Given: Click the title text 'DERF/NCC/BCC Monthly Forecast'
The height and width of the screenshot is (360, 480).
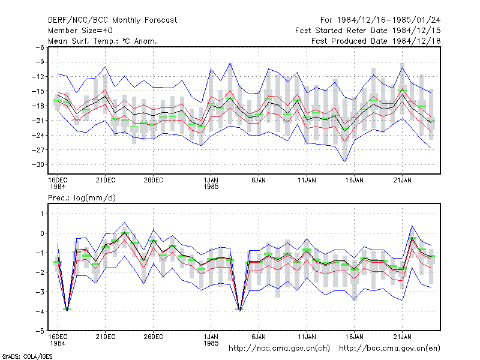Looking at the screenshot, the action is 112,20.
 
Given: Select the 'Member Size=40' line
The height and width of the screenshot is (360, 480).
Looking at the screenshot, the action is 80,31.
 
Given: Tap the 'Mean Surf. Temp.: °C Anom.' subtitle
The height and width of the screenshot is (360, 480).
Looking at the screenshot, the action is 103,41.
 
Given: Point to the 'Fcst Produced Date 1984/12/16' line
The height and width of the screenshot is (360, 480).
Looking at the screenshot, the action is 376,41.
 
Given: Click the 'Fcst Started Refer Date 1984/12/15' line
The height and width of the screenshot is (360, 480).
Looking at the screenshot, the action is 368,31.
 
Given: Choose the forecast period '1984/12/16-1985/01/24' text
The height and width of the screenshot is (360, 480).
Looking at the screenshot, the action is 389,20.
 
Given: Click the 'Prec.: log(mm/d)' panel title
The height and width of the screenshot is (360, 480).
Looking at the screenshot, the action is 82,198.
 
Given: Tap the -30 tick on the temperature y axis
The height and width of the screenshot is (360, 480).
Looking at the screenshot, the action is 38,164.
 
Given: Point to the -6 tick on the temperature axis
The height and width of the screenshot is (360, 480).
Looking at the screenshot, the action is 40,47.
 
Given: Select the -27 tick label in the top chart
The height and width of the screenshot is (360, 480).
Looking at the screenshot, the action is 38,150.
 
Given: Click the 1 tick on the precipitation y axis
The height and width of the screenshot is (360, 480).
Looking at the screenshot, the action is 43,214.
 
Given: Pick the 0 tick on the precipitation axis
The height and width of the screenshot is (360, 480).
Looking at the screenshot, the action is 42,233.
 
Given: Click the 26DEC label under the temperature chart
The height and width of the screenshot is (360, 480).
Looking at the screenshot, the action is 153,180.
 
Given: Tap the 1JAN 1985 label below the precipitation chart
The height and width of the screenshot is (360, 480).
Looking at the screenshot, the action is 211,340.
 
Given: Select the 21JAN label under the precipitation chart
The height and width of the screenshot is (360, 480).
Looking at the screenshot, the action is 402,337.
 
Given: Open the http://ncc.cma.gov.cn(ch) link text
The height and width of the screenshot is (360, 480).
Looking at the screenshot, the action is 279,349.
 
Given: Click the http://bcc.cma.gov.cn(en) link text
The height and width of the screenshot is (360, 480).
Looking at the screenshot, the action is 389,349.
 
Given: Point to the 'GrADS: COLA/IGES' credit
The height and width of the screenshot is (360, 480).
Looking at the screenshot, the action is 27,356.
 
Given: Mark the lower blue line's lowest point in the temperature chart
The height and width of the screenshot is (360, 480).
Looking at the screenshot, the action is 344,161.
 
